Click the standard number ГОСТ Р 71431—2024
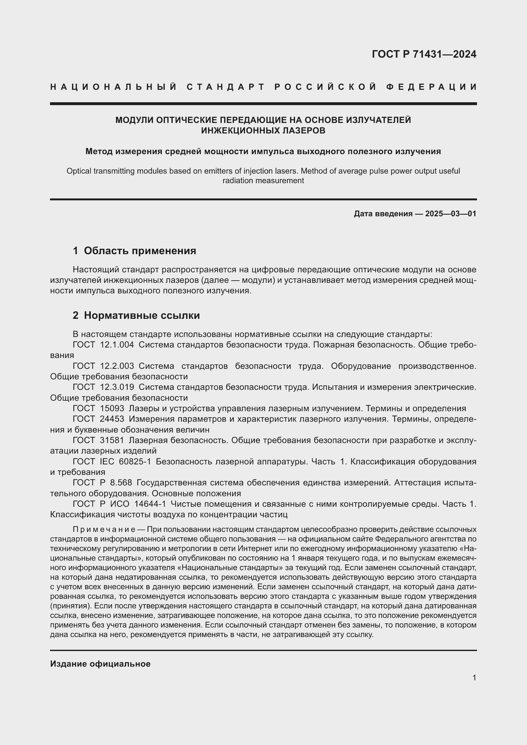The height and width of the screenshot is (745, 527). [x=424, y=54]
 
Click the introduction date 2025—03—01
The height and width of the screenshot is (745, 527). [x=451, y=214]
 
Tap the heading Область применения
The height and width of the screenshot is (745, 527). [x=140, y=250]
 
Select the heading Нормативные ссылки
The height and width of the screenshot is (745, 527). [x=142, y=315]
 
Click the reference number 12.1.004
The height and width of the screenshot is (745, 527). [x=117, y=345]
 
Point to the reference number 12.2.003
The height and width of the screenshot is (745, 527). [x=117, y=366]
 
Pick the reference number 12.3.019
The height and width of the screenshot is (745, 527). [x=117, y=387]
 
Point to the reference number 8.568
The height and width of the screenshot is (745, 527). [x=121, y=483]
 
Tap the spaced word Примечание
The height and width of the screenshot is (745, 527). [x=104, y=530]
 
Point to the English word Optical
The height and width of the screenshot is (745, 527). [x=79, y=171]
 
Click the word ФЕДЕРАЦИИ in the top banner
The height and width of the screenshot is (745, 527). [x=431, y=87]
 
